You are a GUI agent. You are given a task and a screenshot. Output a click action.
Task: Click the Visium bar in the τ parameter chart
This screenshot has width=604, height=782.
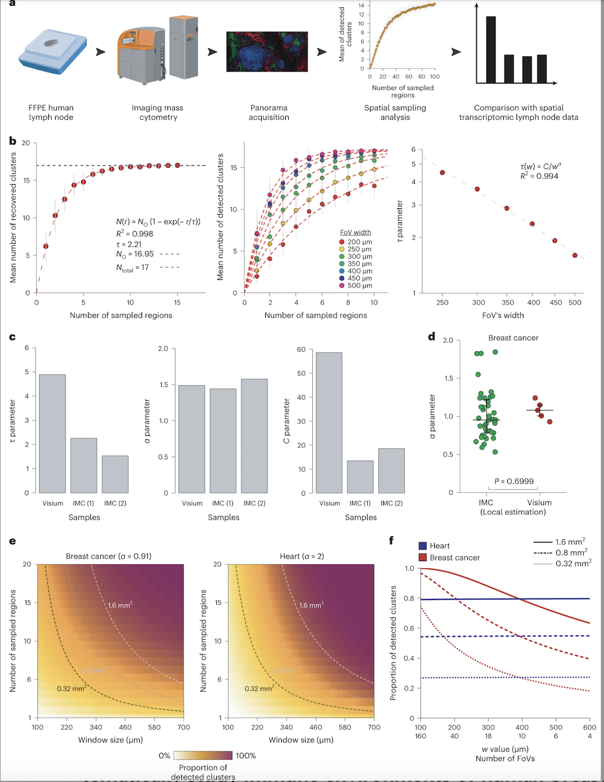pyautogui.click(x=52, y=434)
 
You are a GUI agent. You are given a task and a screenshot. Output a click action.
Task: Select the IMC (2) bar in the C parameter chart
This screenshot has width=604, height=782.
pyautogui.click(x=391, y=470)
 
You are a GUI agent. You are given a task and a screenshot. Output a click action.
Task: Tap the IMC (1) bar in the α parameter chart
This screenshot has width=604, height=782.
pyautogui.click(x=223, y=441)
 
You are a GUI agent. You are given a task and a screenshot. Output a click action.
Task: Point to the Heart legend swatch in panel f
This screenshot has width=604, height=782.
pyautogui.click(x=423, y=546)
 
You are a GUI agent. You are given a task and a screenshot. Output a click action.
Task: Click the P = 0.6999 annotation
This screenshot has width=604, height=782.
pyautogui.click(x=514, y=481)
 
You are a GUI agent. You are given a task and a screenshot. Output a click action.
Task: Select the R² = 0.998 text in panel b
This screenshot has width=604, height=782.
pyautogui.click(x=135, y=234)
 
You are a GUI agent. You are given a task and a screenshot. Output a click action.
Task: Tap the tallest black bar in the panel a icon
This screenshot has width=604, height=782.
pyautogui.click(x=491, y=50)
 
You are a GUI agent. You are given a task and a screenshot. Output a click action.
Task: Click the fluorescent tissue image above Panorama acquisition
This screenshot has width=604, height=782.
pyautogui.click(x=267, y=52)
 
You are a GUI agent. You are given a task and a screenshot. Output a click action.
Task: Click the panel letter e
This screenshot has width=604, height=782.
pyautogui.click(x=12, y=541)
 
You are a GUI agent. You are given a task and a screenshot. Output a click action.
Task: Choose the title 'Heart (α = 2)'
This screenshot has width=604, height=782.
pyautogui.click(x=301, y=556)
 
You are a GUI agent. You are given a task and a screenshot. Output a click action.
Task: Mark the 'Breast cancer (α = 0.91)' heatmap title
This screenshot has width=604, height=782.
pyautogui.click(x=109, y=556)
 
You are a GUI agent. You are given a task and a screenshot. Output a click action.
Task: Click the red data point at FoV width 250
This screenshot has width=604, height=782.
pyautogui.click(x=442, y=173)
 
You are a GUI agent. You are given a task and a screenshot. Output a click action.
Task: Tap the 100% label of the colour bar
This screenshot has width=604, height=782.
pyautogui.click(x=246, y=756)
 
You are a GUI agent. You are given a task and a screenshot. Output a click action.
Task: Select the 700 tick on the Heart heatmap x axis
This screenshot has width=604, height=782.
pyautogui.click(x=374, y=727)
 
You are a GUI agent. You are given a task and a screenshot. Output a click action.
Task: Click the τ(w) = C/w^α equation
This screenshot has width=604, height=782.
pyautogui.click(x=541, y=166)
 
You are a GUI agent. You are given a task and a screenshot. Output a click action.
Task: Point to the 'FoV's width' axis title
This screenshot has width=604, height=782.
pyautogui.click(x=503, y=315)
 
